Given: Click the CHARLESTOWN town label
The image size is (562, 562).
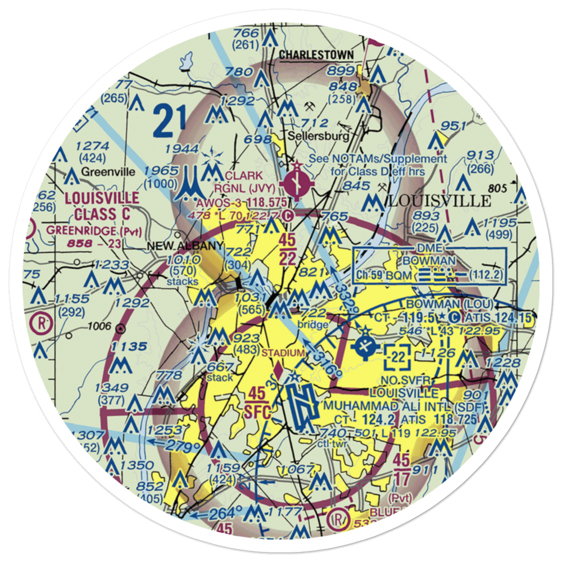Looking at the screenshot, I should coord(316,55).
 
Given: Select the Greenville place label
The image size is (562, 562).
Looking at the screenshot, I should coord(108,171).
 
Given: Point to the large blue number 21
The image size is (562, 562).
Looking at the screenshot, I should coord(169,121).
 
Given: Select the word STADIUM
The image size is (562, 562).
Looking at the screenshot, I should coord(284,352).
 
